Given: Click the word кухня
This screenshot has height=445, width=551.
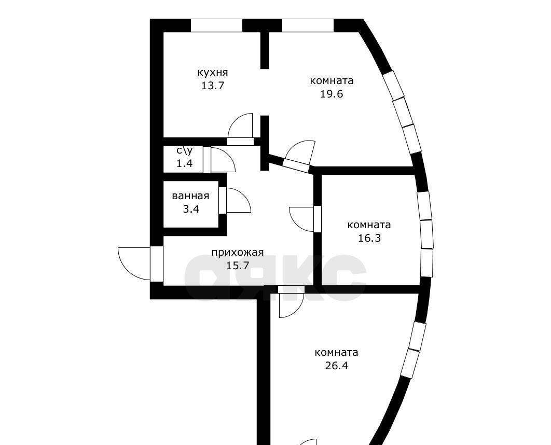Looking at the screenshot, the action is click(213, 73).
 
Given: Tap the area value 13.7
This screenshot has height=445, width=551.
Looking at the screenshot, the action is click(213, 86).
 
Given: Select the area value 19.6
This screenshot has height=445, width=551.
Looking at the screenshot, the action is click(332, 94).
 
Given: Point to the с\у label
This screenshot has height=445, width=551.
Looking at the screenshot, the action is click(185, 151).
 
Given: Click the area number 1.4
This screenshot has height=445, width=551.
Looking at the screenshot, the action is click(185, 163).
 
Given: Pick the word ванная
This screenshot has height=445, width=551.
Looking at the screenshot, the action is click(190, 196).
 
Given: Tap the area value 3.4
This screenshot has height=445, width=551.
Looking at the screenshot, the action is click(191, 210).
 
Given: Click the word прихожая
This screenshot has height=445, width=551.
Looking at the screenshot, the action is click(238, 253).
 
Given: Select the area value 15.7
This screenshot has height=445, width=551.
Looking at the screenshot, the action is click(238, 266).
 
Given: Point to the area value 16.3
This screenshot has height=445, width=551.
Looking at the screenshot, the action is click(369, 238).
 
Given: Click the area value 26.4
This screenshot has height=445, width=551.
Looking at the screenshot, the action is click(337, 366).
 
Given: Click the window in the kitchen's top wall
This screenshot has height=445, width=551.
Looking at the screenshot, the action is click(216, 25).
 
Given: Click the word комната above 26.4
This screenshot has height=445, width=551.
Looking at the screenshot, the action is click(337, 353).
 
